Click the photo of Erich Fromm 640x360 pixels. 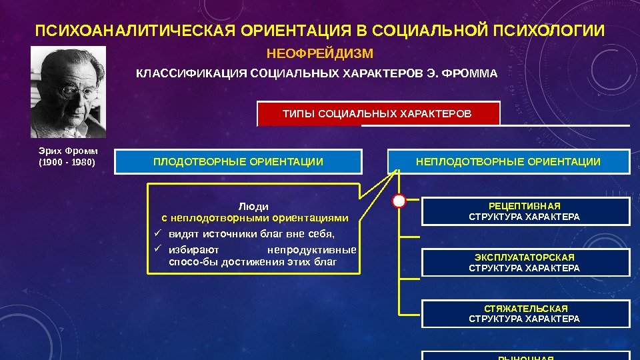[x=68, y=91]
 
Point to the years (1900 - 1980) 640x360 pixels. [x=67, y=162]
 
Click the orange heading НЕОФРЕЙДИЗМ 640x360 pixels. [x=320, y=53]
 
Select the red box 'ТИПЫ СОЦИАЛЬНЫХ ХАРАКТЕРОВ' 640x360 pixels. [x=377, y=113]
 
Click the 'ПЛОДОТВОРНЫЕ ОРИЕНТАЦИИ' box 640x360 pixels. [x=238, y=161]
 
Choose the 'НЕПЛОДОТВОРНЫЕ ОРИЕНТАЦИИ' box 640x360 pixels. [x=508, y=161]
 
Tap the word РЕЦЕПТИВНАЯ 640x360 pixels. [x=525, y=207]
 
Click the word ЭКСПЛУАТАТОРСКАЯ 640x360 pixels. [x=525, y=257]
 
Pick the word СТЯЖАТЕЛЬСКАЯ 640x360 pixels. [x=525, y=309]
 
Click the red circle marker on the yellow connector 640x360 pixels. [x=399, y=200]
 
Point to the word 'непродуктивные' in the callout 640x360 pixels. [x=311, y=251]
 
